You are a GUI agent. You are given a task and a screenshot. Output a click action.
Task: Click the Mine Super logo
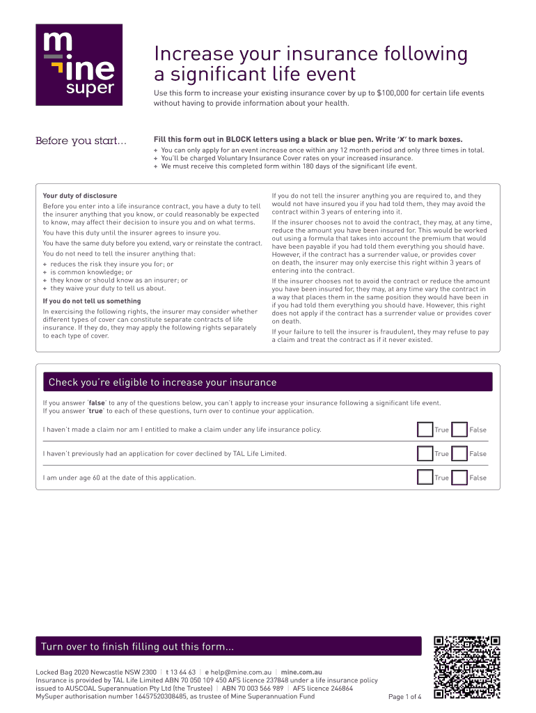click(x=79, y=65)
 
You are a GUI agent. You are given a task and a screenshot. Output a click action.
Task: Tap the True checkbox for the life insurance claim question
click(x=425, y=430)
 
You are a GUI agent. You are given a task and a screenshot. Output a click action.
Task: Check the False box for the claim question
click(x=459, y=430)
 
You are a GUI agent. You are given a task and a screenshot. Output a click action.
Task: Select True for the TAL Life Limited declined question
click(x=425, y=454)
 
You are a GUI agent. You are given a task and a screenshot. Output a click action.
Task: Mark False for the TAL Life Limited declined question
click(x=459, y=454)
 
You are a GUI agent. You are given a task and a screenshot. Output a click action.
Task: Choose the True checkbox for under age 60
click(x=425, y=478)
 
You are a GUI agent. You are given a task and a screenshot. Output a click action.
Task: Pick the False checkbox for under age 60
click(x=459, y=478)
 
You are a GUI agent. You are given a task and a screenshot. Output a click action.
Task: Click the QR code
click(x=466, y=667)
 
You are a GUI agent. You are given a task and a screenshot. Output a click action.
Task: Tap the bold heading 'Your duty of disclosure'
click(x=80, y=196)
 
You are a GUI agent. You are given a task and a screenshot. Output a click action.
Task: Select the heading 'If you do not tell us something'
click(x=92, y=301)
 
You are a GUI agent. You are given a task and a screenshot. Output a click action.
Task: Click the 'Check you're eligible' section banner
click(x=267, y=382)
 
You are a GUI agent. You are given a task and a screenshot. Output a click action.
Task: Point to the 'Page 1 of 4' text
click(x=404, y=697)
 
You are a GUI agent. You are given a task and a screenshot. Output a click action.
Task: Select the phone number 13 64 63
click(x=182, y=673)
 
